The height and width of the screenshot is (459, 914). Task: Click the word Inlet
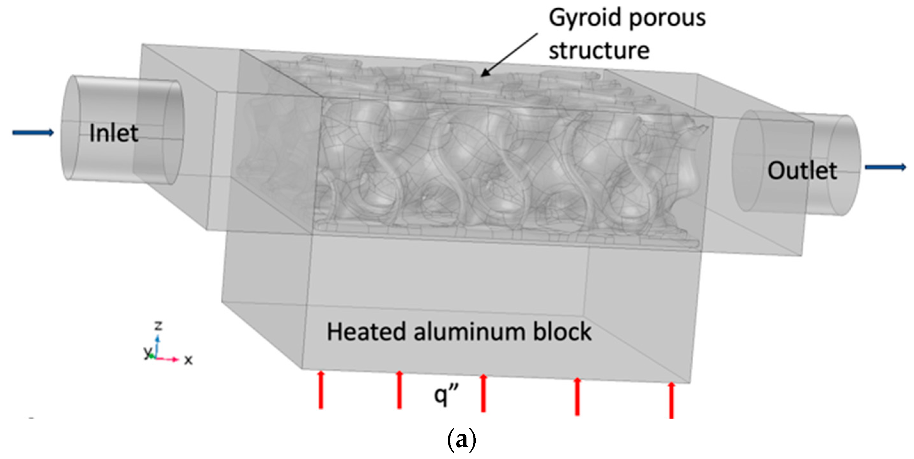tap(114, 133)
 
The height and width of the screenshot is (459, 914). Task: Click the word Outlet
tap(802, 170)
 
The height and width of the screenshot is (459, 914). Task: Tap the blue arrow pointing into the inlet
tap(33, 133)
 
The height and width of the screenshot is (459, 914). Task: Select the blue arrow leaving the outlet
tap(885, 167)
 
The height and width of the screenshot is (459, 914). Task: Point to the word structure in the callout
tap(599, 50)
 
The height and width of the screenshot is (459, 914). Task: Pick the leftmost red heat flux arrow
tap(321, 390)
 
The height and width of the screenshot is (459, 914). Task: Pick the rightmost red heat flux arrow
tap(671, 400)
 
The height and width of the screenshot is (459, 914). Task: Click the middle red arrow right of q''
tap(483, 393)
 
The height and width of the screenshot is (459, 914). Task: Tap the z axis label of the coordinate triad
tap(158, 325)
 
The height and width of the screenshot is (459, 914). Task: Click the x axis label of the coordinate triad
tap(188, 360)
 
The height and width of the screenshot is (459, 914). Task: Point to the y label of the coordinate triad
tap(147, 352)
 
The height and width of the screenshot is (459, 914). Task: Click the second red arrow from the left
tap(399, 390)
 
